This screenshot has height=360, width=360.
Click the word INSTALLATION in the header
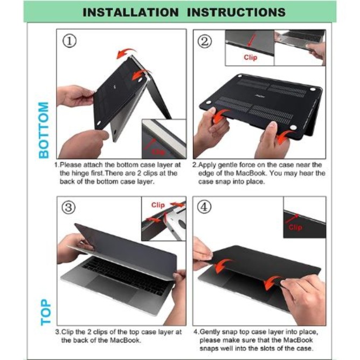coord(130,12)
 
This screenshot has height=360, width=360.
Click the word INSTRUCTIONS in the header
coord(236,12)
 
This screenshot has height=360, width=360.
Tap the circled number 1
coord(70,41)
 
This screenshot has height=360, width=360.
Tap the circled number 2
coord(205,41)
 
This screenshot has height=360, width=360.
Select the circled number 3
coord(68,207)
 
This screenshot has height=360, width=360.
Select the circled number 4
coord(204,207)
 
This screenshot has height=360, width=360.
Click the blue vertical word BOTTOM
coord(44,130)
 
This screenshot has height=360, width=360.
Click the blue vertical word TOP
coord(46,312)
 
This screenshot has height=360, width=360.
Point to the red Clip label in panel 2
coord(251,58)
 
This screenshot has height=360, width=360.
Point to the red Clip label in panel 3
coord(158,205)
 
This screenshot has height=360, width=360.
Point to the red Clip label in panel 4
coord(295,227)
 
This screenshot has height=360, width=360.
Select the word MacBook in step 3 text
coord(125,340)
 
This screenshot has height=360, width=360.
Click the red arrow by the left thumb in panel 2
coord(220,116)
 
